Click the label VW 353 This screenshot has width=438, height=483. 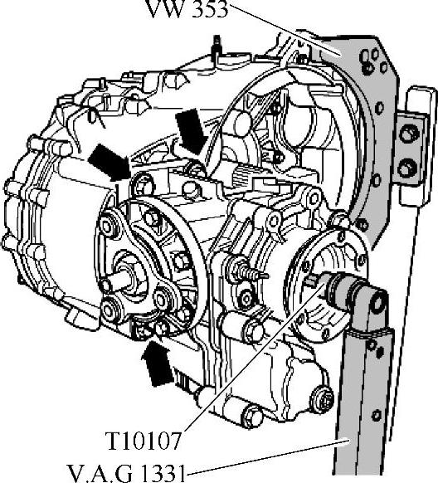tap(187, 8)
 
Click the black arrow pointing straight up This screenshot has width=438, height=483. tap(157, 363)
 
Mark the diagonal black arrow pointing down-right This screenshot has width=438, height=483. tap(111, 163)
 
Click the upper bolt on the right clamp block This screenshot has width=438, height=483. tap(409, 134)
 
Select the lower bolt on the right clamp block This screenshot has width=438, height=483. tap(409, 168)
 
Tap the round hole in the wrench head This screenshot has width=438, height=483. tap(377, 303)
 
